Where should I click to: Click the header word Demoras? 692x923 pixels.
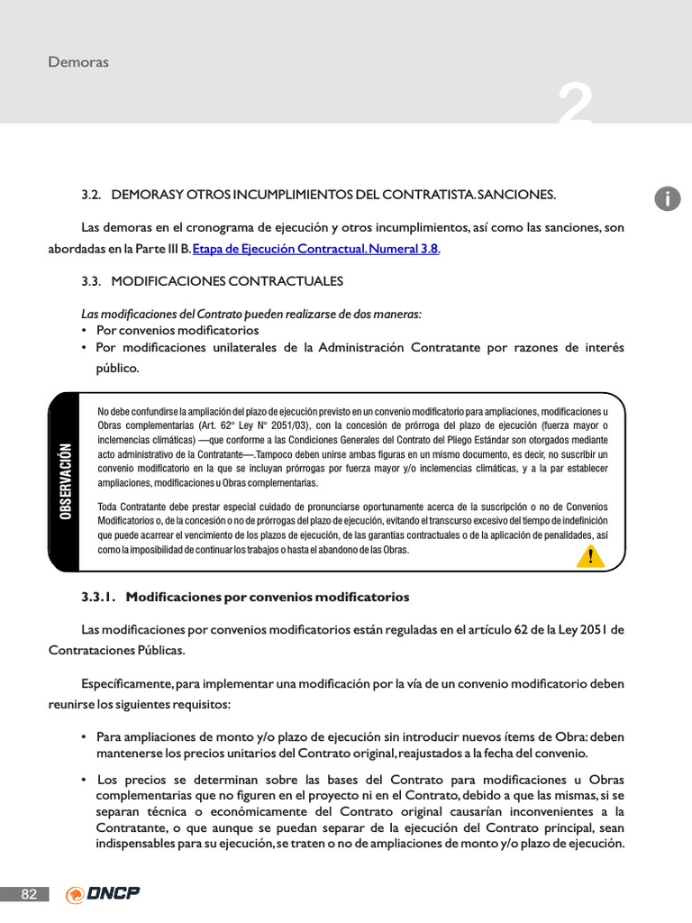[78, 62]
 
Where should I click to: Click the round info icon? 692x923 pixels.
[668, 200]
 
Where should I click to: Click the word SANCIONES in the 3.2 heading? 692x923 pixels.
[516, 195]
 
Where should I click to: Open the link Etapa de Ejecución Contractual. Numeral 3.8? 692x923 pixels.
[310, 249]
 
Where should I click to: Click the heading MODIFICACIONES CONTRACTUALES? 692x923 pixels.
[227, 281]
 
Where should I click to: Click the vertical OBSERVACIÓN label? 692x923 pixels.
[65, 481]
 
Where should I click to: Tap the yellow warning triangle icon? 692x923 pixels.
[590, 555]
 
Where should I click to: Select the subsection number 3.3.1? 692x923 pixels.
[99, 597]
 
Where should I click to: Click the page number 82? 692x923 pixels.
[29, 894]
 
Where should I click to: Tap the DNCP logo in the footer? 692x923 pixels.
[103, 894]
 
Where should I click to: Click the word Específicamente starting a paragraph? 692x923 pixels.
[127, 683]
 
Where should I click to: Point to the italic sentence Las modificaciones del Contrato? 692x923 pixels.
[250, 314]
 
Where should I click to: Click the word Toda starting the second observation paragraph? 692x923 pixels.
[108, 507]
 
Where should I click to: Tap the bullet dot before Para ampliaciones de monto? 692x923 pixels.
[84, 736]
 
